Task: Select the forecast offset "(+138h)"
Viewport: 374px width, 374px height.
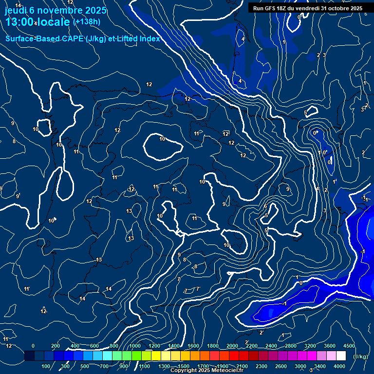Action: (x=86, y=22)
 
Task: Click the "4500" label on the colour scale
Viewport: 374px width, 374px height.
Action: (x=349, y=346)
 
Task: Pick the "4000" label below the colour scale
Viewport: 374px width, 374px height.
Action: (x=340, y=366)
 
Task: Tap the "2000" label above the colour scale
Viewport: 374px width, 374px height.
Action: (x=232, y=346)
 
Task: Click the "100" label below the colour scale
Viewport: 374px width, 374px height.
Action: (x=46, y=366)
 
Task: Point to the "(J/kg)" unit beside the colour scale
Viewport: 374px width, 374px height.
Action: (x=360, y=356)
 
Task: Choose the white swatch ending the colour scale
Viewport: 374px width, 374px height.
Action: (x=341, y=356)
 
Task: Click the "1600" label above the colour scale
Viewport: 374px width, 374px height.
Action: (x=193, y=346)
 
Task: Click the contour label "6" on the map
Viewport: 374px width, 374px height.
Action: (x=265, y=206)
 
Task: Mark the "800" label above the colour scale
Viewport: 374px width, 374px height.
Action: (x=114, y=346)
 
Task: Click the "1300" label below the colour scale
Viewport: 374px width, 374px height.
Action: (x=164, y=366)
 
